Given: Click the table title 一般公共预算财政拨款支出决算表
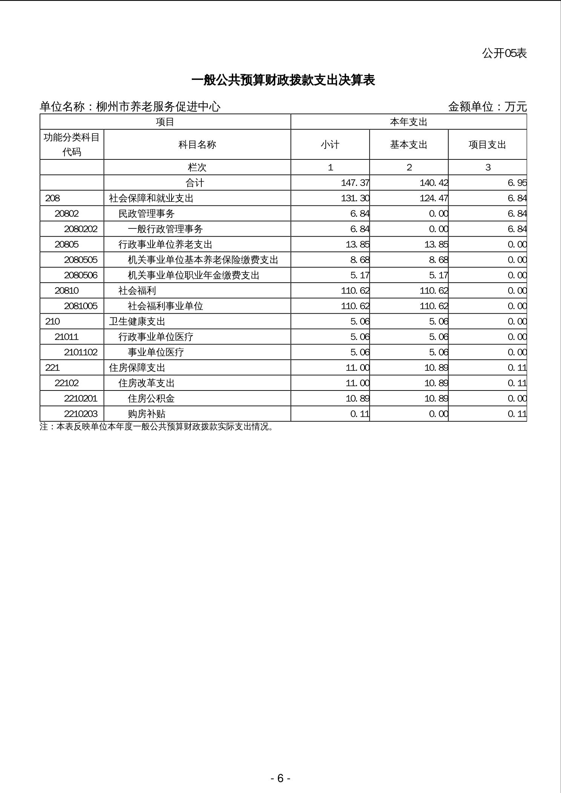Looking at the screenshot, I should [x=283, y=80].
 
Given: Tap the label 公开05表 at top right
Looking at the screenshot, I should [x=504, y=53].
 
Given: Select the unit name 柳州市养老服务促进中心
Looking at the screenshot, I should [x=158, y=107].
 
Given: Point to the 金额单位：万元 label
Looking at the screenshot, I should [x=487, y=107].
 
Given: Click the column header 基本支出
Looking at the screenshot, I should [x=409, y=145].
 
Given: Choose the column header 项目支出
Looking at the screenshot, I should [x=487, y=145].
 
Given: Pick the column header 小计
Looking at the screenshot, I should [x=330, y=145].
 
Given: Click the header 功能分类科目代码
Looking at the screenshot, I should [x=72, y=144].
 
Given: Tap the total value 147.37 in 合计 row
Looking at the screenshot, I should [x=355, y=183].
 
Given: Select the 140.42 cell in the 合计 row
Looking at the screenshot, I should [x=434, y=183].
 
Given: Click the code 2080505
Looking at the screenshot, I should [x=81, y=260].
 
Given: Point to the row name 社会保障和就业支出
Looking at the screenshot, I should [x=151, y=198].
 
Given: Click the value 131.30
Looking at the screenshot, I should [x=355, y=198].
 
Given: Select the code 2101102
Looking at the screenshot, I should [x=81, y=352].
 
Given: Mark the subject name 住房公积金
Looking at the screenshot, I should [x=151, y=398].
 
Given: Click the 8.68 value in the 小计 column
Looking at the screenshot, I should [x=360, y=260].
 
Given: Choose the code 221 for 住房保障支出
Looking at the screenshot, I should [x=52, y=367].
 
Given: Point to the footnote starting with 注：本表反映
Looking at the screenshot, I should [x=156, y=427].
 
